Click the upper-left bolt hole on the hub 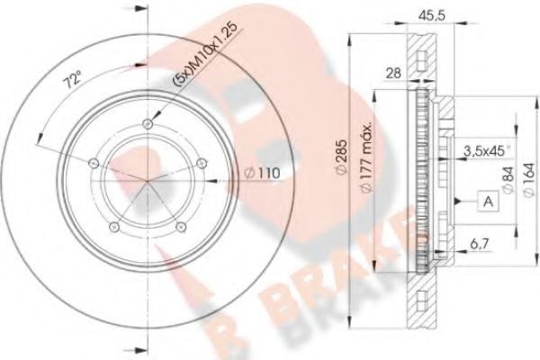click(93, 163)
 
